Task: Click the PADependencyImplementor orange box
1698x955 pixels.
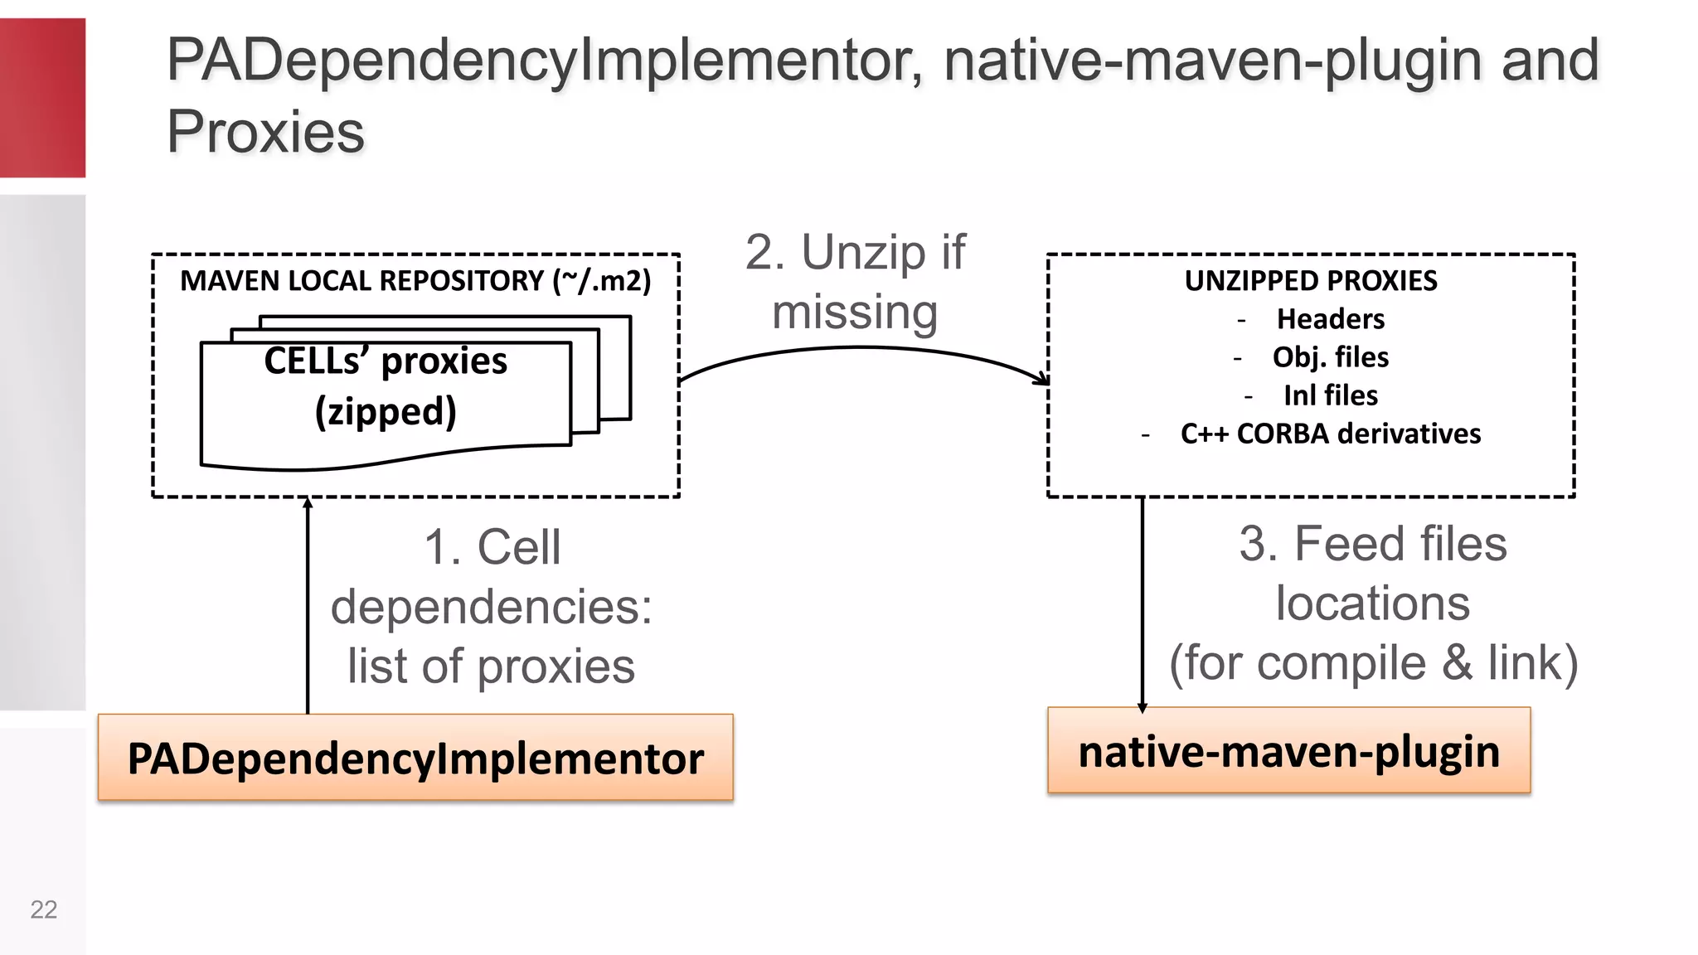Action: (415, 758)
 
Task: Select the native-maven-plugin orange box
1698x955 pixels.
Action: (1288, 751)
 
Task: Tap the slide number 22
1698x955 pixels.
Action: (43, 909)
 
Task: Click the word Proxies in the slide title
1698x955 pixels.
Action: (265, 132)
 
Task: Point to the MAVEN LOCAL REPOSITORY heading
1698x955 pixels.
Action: (415, 281)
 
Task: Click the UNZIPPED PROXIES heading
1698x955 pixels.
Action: (1311, 281)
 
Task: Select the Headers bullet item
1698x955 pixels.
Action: (1330, 319)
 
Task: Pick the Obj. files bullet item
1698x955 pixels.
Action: (1330, 357)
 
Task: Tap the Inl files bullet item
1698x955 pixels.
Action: (1330, 395)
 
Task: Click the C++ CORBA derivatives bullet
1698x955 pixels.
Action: (1330, 434)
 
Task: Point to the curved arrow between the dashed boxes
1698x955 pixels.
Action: (862, 349)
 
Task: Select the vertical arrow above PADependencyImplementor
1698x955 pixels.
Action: (308, 605)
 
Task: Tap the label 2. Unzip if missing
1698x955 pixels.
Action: (855, 282)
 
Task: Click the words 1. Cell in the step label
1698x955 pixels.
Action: (492, 548)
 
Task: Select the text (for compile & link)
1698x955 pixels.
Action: (1373, 663)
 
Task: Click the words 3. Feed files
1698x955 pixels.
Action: (1373, 545)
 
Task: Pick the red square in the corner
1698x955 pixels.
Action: (42, 98)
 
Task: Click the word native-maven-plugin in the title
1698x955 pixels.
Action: (1211, 61)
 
